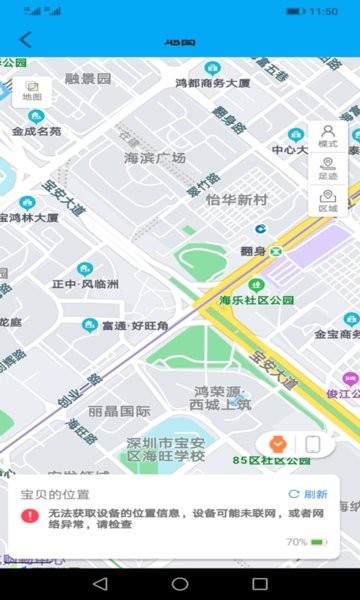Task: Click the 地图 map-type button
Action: click(32, 91)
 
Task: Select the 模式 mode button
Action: click(327, 136)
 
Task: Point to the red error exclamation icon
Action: click(31, 516)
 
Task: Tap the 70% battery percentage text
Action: click(296, 542)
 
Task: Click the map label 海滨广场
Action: click(155, 158)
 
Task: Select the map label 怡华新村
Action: click(237, 200)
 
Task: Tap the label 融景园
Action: click(88, 79)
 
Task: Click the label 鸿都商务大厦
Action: click(212, 84)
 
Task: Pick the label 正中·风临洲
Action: click(85, 285)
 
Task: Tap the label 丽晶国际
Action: click(119, 411)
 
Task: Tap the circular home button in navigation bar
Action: click(180, 583)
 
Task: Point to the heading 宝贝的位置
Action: click(56, 494)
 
